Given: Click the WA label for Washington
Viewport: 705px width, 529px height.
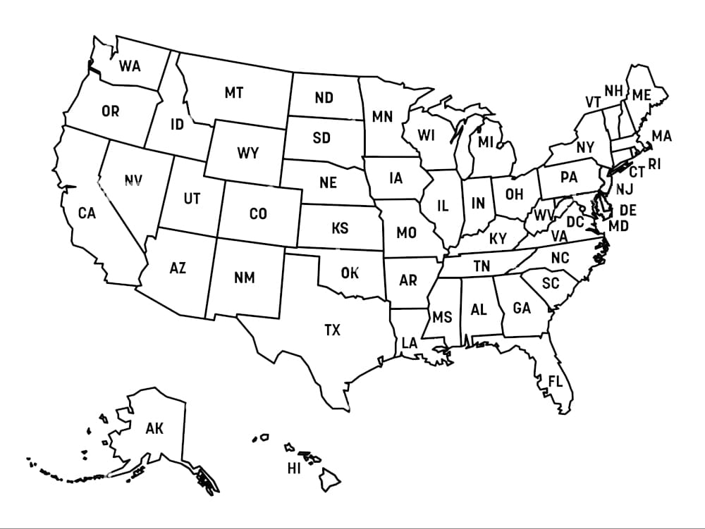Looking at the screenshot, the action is (130, 66).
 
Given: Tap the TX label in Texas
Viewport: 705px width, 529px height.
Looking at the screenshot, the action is (332, 330).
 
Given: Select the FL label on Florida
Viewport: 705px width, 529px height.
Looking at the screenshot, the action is (556, 382).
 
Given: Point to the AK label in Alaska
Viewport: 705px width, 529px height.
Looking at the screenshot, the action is (154, 428).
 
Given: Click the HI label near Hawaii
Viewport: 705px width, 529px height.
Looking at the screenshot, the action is (294, 468).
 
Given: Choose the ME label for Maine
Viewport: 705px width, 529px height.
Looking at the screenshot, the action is (641, 95).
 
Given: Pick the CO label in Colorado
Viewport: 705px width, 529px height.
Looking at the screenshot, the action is (258, 213).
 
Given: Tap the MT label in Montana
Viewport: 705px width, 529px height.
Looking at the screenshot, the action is (234, 93).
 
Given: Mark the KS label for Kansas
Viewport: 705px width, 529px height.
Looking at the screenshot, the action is (340, 229).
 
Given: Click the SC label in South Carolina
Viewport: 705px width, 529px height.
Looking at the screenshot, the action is (551, 283).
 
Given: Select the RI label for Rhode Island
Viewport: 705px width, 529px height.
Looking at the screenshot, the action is (655, 165).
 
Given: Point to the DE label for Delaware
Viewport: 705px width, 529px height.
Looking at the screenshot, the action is (627, 210).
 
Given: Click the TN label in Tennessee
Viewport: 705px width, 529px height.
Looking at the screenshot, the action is (482, 266).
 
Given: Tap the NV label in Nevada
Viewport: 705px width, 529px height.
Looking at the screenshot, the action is (133, 181).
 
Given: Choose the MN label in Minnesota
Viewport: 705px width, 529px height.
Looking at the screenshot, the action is (382, 117).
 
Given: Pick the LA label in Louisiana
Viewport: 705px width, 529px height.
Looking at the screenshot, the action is (410, 343).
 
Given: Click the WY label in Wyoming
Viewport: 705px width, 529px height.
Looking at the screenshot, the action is (247, 153).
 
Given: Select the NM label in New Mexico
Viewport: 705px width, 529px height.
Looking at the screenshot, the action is (244, 278).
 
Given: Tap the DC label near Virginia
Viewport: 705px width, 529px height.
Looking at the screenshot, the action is (575, 223).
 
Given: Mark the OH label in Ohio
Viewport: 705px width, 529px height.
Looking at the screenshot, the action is (514, 194).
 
